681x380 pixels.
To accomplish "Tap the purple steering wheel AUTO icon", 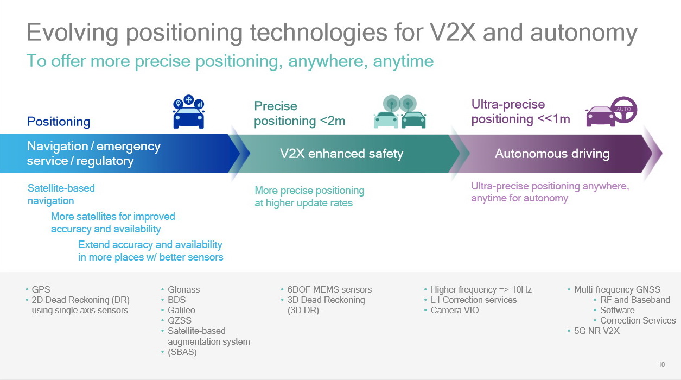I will click(x=623, y=110).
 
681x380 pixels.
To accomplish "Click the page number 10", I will click(x=661, y=365).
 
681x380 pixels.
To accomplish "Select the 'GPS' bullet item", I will click(x=41, y=289).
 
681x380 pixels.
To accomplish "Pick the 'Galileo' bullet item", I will click(x=181, y=310).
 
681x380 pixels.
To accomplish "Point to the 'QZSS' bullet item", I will click(x=180, y=320).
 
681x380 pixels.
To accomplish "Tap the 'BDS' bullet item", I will click(x=176, y=300).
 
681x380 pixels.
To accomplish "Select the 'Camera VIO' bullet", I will click(x=455, y=310).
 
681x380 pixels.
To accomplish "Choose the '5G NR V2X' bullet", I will click(x=596, y=331).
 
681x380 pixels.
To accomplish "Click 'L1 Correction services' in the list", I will click(x=474, y=300).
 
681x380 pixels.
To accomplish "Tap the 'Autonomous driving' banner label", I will click(x=552, y=154).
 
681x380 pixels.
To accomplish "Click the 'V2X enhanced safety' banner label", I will click(x=341, y=154).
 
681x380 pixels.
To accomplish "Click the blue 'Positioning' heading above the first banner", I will click(x=59, y=122).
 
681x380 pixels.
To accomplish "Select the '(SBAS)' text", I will click(x=182, y=352).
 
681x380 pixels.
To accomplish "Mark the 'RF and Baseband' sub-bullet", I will click(x=635, y=300).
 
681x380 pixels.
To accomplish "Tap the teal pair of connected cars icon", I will click(x=400, y=112).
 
